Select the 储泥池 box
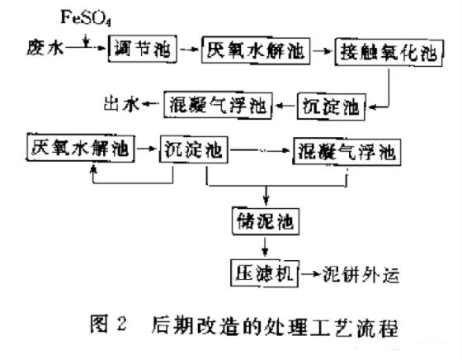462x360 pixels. tap(265, 220)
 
